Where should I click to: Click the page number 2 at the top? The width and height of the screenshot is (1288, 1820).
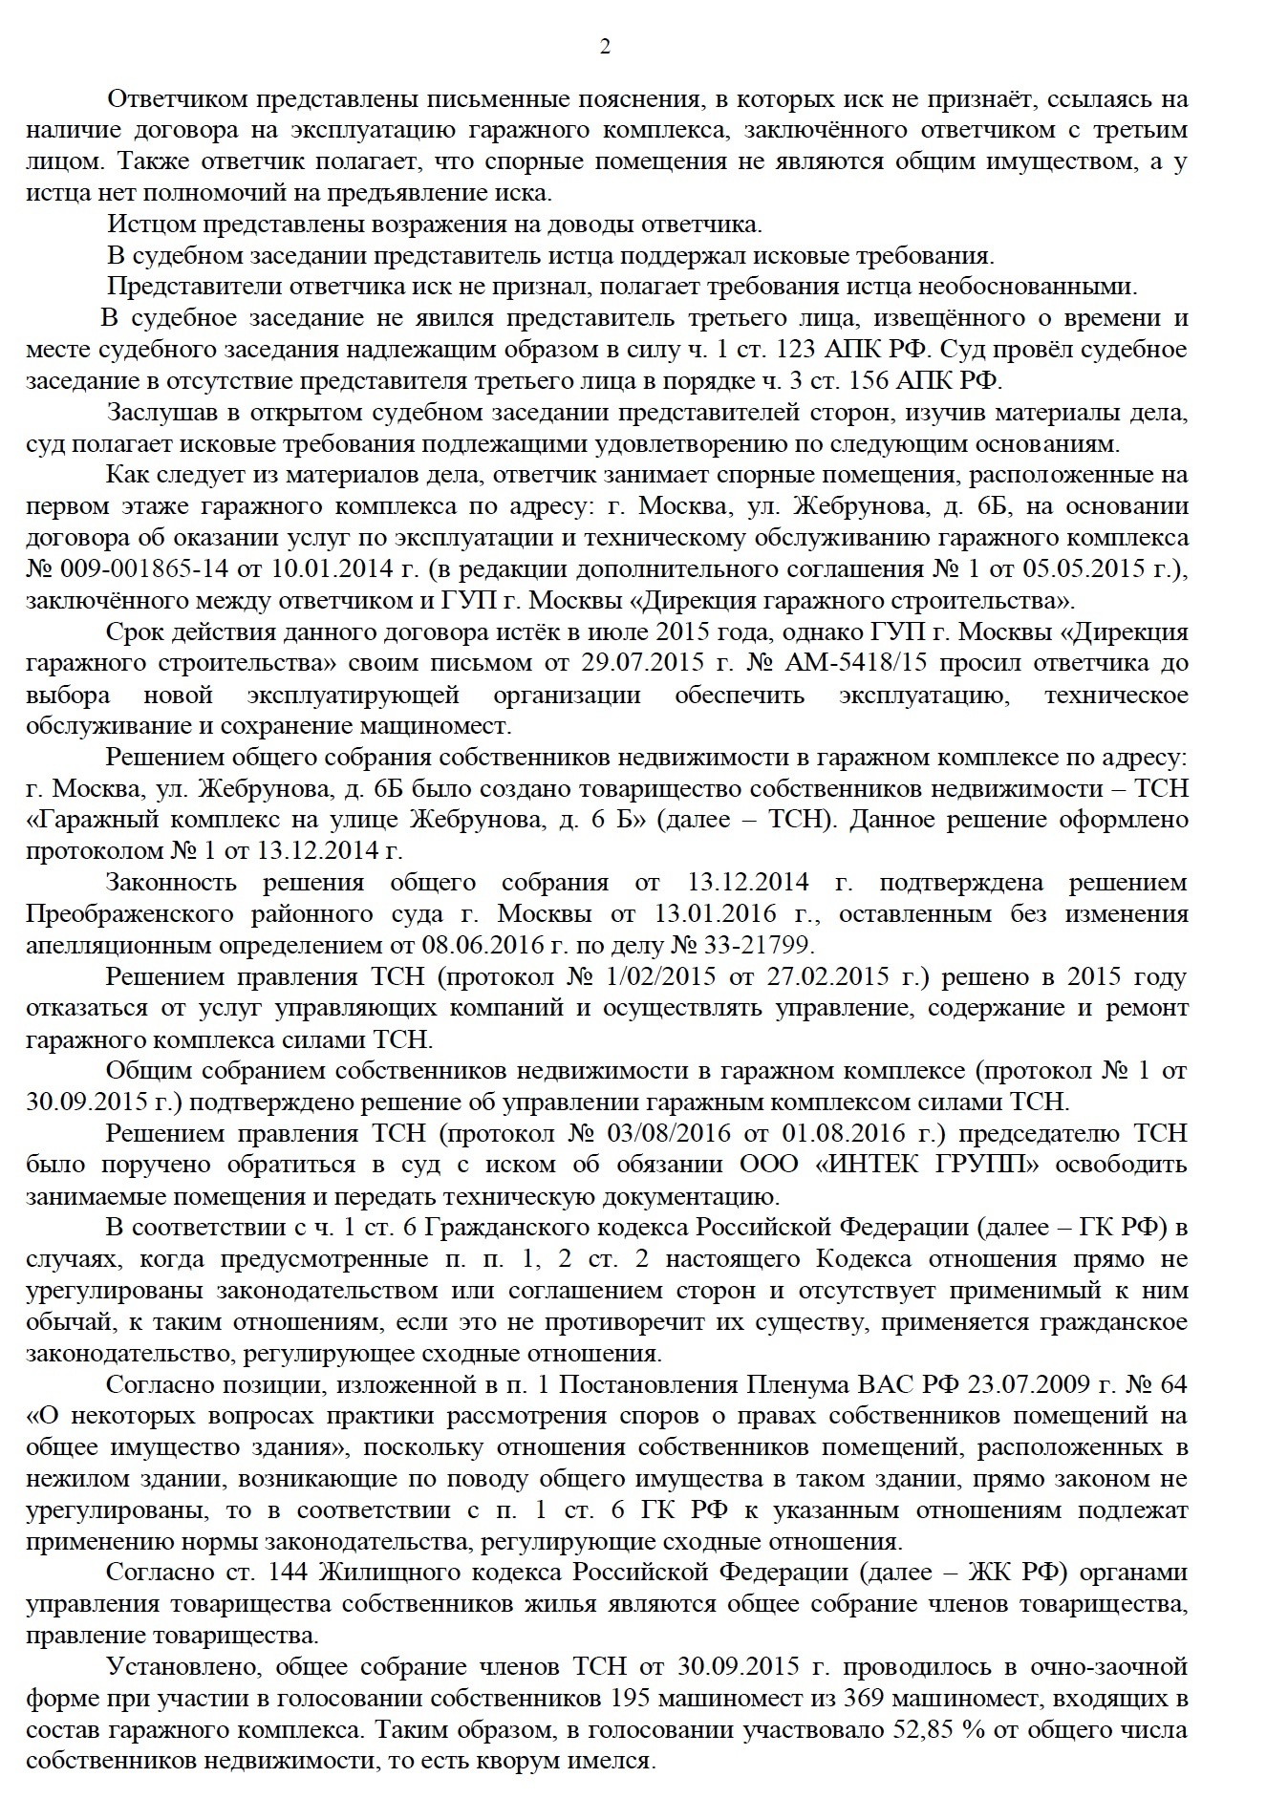point(605,47)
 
